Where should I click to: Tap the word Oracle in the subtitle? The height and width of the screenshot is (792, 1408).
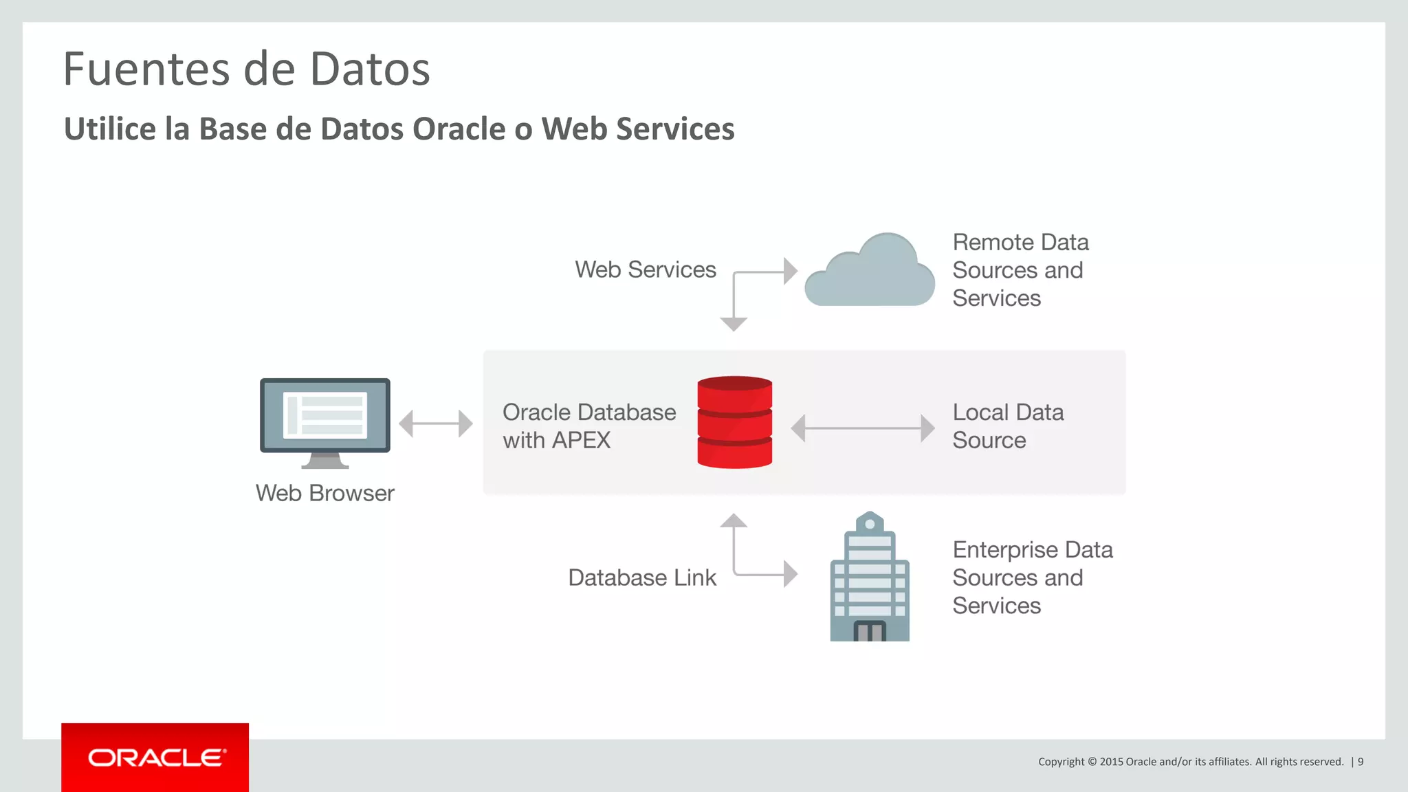click(459, 129)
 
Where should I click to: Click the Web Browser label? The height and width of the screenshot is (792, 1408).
click(324, 493)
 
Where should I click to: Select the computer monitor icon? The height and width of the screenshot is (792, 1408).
click(325, 421)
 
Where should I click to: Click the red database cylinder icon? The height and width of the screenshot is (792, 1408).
click(734, 422)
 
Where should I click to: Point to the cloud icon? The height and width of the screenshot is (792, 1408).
click(870, 272)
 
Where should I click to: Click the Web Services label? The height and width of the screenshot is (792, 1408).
click(646, 269)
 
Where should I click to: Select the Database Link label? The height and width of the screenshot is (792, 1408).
click(642, 577)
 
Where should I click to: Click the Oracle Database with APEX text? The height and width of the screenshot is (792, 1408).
click(588, 426)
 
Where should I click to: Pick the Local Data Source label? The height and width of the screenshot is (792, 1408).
click(1008, 426)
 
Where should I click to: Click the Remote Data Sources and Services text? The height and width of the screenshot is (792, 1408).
click(1020, 270)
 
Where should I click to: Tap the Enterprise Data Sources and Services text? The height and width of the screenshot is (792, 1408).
click(1032, 577)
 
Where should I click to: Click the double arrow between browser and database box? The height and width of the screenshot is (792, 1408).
click(436, 423)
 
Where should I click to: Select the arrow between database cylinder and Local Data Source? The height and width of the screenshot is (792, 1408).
click(863, 428)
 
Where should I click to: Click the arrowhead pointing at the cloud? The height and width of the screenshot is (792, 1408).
click(790, 272)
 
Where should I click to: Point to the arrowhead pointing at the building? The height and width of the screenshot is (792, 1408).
click(790, 573)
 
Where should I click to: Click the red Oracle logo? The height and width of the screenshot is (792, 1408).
click(155, 758)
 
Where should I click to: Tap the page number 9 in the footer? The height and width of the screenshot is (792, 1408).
click(1361, 762)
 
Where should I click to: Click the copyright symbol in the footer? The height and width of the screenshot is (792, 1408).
click(1092, 762)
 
